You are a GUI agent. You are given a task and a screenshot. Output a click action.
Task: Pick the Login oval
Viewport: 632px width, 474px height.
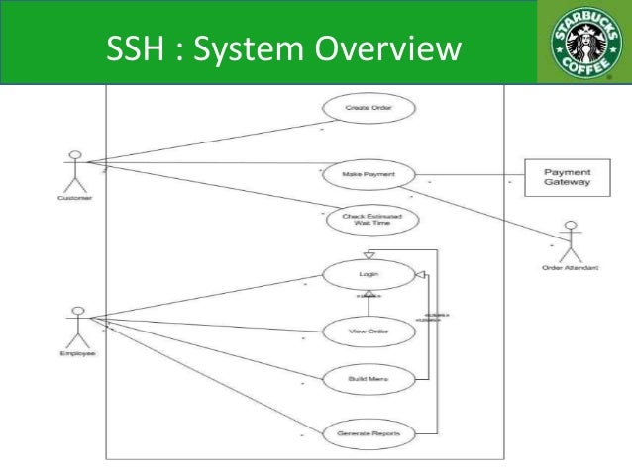[367, 272]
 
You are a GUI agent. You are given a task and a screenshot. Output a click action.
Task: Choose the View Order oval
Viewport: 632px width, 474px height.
[368, 332]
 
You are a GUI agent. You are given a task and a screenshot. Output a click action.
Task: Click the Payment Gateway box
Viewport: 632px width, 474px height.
[568, 177]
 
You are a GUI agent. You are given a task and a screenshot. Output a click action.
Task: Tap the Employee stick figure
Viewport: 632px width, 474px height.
[73, 326]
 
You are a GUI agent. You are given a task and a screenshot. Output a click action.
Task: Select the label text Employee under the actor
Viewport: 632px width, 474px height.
[75, 354]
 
